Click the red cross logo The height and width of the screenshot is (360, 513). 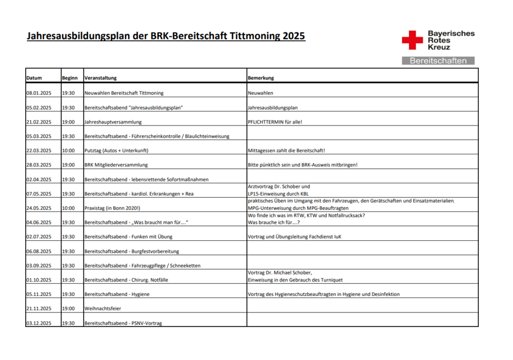pos(412,41)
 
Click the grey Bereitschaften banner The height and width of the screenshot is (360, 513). pos(438,61)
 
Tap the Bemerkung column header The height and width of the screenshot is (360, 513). pos(261,78)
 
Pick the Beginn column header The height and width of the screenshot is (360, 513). pos(69,78)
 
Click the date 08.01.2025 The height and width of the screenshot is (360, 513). pos(38,93)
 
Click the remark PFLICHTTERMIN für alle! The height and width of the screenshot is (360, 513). pos(275,122)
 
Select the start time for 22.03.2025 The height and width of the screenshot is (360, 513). pos(68,151)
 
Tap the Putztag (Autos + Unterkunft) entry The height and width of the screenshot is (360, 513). pos(116,151)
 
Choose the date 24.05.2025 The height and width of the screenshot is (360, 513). pos(38,208)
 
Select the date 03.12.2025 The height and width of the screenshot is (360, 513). pos(38,323)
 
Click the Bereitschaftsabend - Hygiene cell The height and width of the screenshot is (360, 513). pos(117,294)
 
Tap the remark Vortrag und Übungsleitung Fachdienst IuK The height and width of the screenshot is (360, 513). pos(294,237)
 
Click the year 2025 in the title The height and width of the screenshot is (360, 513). pos(293,36)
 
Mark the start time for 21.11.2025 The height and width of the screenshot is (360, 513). pos(68,309)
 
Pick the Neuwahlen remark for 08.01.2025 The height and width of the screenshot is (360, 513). pos(260,93)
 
